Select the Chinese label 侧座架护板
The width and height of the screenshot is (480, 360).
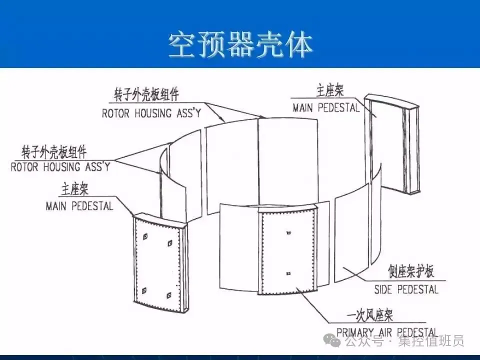coord(411,272)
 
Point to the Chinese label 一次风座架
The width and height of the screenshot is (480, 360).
coord(370,315)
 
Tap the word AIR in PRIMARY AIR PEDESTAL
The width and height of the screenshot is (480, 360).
coord(388,332)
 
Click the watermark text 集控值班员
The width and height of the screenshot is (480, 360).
coord(431,341)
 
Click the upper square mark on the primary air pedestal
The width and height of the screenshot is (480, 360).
coord(288,233)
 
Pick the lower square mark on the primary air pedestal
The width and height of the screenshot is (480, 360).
coord(288,273)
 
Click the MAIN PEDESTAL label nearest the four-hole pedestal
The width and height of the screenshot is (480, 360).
coord(79,205)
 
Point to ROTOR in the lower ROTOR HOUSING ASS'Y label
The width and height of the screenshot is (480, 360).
coord(24,167)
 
